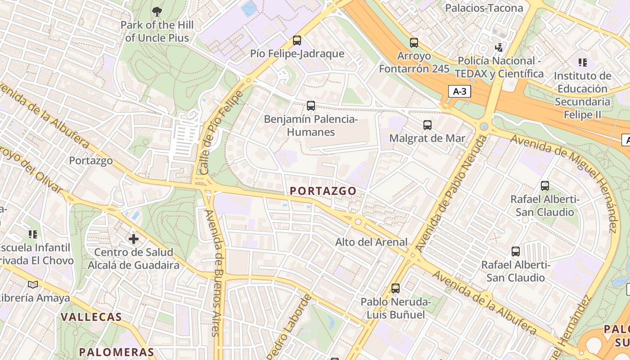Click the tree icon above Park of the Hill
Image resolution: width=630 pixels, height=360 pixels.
click(157, 12)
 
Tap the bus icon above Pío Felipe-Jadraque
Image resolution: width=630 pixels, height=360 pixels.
click(297, 40)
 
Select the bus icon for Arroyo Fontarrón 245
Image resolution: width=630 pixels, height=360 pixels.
click(414, 43)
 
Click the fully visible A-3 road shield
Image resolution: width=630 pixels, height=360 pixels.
click(459, 92)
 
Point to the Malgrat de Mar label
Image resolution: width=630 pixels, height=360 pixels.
click(427, 138)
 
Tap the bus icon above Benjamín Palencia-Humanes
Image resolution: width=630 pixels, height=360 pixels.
click(311, 106)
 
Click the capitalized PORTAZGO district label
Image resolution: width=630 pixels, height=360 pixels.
click(323, 191)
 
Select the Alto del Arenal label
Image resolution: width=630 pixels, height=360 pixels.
click(371, 242)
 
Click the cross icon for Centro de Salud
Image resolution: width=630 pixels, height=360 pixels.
click(134, 238)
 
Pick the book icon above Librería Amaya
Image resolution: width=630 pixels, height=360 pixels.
click(33, 284)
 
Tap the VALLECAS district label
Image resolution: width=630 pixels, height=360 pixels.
click(91, 317)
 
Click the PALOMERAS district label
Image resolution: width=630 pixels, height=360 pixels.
click(117, 352)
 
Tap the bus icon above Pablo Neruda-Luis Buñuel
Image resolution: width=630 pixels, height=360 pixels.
click(396, 288)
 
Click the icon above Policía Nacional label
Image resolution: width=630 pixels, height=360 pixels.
click(499, 47)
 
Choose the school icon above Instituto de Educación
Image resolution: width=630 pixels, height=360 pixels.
click(583, 63)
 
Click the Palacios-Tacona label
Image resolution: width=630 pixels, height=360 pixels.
click(484, 8)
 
